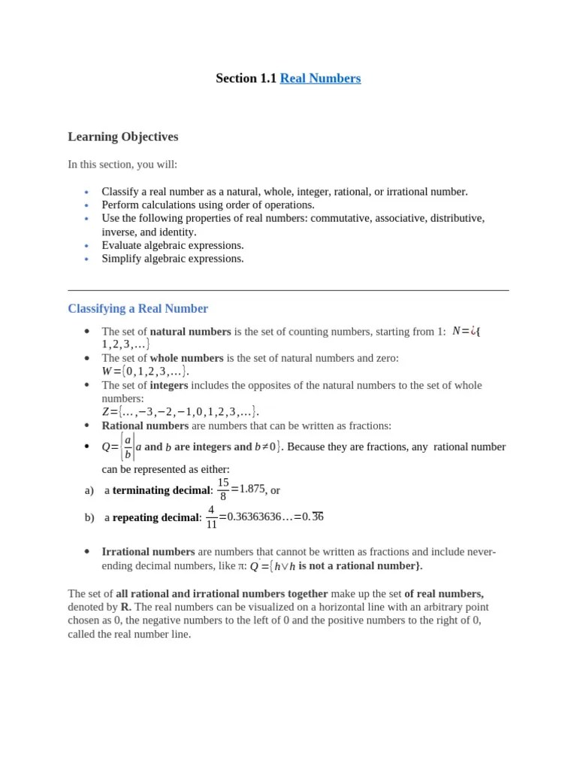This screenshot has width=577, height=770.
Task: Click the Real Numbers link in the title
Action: coord(320,78)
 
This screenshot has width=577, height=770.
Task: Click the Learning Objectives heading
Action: coord(123,136)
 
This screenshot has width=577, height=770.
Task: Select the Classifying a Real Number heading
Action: coord(137,308)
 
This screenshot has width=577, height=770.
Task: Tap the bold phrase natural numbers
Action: coord(191,331)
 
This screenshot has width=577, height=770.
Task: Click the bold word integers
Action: coord(171,385)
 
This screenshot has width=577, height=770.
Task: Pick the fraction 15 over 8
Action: coord(222,489)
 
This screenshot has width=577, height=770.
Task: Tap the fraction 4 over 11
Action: coord(212,517)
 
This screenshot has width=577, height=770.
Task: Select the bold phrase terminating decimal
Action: coord(157,490)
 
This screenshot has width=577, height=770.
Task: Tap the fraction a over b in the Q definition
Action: coord(128,447)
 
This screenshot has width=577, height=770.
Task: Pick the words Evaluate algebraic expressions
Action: coord(173,245)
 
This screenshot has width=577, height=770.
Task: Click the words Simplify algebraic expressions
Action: coord(173,259)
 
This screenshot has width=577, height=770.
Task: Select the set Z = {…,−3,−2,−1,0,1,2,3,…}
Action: coord(180,411)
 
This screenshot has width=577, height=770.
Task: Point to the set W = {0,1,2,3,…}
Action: coord(145,371)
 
